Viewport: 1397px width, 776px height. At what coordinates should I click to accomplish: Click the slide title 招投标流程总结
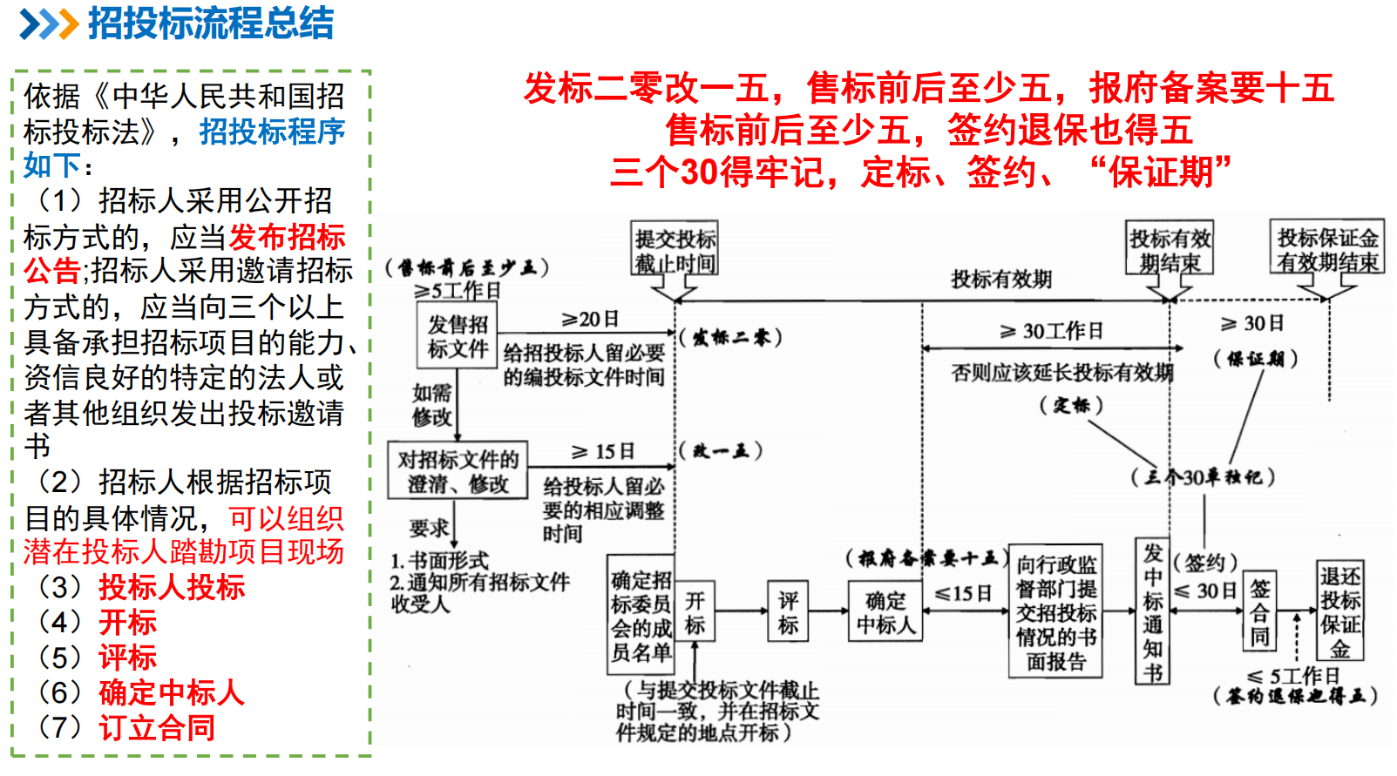[211, 24]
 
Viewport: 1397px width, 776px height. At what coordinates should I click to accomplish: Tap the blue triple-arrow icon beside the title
[49, 24]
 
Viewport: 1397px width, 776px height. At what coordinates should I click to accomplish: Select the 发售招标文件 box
[458, 336]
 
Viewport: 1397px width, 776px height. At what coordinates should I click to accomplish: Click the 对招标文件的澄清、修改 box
[458, 471]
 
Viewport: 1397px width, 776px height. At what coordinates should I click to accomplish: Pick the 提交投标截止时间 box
[675, 250]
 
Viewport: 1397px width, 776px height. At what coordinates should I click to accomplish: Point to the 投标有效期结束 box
[1170, 250]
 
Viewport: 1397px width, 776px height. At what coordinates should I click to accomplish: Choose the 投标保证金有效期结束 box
[1327, 249]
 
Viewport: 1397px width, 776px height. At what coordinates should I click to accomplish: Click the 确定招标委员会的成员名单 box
[641, 615]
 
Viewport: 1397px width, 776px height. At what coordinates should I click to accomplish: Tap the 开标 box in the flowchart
[695, 612]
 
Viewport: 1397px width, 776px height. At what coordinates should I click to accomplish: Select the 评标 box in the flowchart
[788, 612]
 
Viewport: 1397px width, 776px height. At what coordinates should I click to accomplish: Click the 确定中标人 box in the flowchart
[885, 612]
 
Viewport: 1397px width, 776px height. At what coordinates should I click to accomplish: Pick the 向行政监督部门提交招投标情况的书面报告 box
[1056, 612]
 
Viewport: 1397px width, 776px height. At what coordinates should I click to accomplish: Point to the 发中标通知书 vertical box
[1153, 612]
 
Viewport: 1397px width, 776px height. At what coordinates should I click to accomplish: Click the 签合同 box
[1259, 612]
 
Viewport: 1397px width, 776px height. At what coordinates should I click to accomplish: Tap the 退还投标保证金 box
[1339, 612]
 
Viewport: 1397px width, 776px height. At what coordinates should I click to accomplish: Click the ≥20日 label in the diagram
[590, 320]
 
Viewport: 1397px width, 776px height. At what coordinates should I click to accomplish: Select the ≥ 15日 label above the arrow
[602, 452]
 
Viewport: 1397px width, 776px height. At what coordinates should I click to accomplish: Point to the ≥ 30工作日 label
[1051, 331]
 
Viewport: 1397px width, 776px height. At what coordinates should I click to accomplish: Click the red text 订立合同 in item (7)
[157, 727]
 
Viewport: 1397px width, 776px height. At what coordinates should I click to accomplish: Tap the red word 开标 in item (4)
[127, 622]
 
